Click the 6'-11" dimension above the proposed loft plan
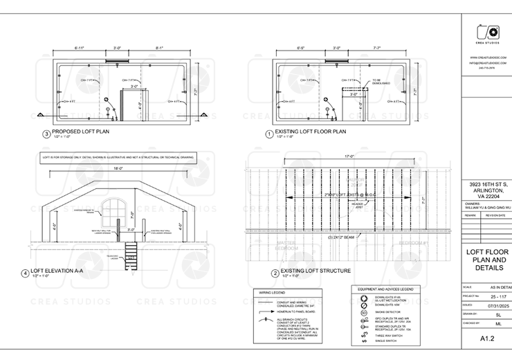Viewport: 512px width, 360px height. (x=80, y=49)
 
